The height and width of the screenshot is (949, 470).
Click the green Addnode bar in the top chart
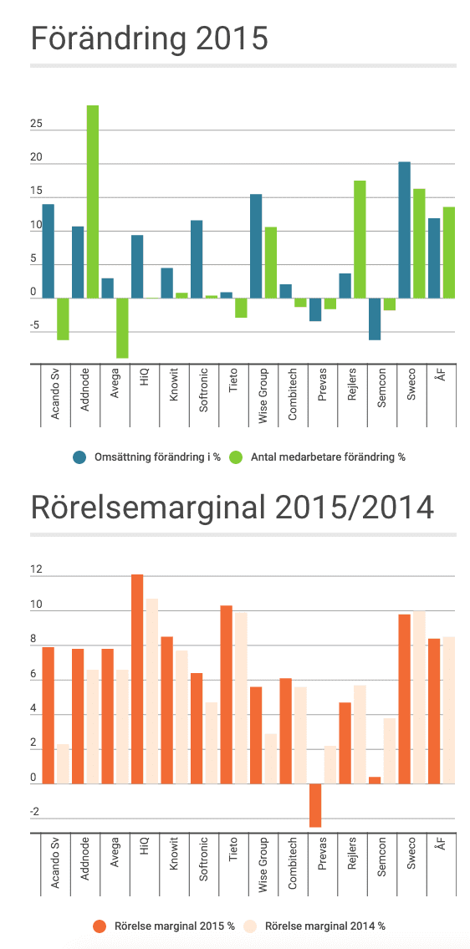click(x=93, y=202)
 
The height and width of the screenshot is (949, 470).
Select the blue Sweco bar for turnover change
click(x=404, y=230)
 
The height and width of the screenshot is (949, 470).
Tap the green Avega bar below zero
click(x=122, y=328)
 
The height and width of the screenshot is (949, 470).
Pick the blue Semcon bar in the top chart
click(x=375, y=319)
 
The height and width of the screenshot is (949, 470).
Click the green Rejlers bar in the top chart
click(x=360, y=239)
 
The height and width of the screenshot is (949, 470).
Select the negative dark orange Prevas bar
click(x=315, y=805)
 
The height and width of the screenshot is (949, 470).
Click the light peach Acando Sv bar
click(x=63, y=764)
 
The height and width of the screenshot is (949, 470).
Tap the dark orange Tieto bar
click(x=226, y=695)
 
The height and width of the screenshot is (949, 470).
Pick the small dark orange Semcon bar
click(x=375, y=781)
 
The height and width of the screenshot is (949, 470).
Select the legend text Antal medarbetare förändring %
click(x=328, y=457)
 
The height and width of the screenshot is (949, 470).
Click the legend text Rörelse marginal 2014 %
click(x=325, y=926)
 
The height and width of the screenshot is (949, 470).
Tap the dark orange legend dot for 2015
click(x=100, y=926)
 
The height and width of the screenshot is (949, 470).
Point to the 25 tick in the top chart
click(x=36, y=124)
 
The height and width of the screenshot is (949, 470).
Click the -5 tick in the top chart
click(x=36, y=326)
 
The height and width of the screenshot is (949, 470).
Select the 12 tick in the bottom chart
click(x=36, y=569)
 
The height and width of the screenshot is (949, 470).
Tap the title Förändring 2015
click(x=149, y=38)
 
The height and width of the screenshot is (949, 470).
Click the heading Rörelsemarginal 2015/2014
click(x=232, y=508)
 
